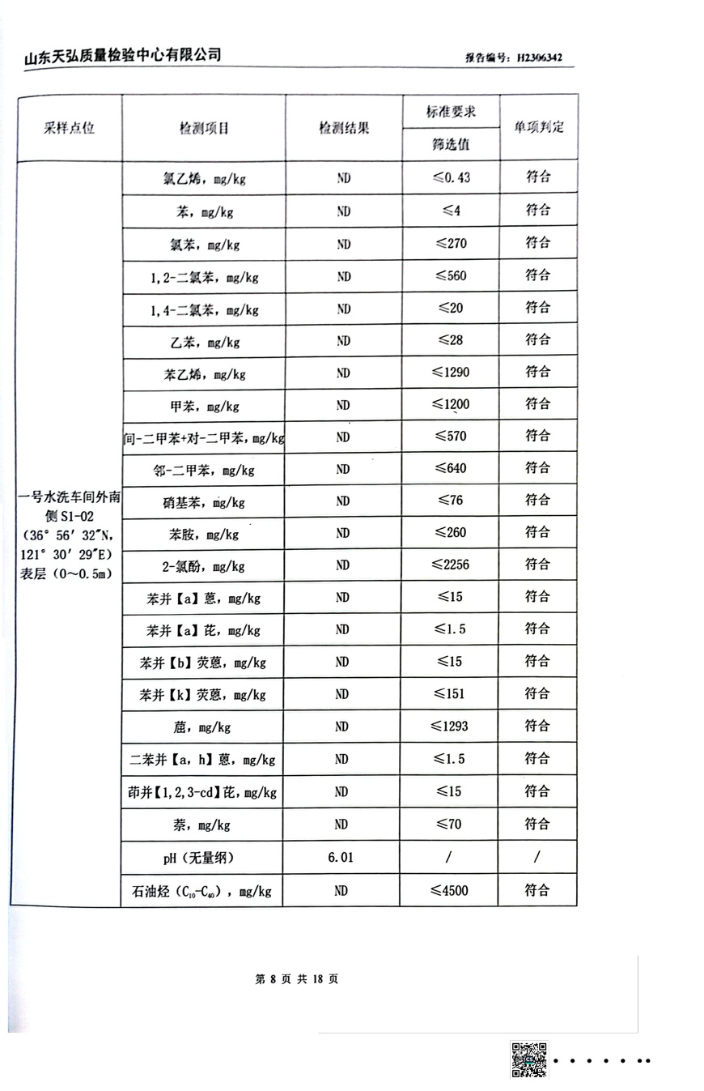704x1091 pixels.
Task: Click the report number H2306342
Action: [539, 58]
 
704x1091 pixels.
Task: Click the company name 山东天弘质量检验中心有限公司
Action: [122, 55]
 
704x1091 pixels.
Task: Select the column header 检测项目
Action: [204, 128]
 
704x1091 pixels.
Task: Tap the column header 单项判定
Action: [538, 127]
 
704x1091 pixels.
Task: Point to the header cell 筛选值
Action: [451, 145]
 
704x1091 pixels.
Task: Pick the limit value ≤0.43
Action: [451, 178]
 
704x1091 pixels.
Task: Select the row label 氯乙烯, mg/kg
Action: [204, 179]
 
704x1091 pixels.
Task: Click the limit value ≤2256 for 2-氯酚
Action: [451, 565]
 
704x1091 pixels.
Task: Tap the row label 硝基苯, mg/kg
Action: [204, 502]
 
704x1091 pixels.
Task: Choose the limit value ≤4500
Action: [451, 891]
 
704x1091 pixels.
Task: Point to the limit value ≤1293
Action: [451, 727]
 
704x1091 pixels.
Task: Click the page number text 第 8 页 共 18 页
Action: [297, 978]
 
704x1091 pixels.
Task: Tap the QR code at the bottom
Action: [528, 1059]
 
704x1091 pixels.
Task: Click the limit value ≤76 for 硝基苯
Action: [451, 501]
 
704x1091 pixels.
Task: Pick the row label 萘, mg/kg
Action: [203, 825]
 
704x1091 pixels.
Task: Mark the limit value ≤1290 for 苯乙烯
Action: [451, 373]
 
